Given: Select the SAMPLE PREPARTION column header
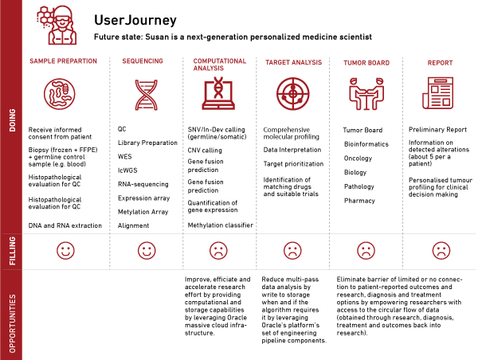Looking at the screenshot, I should click(x=63, y=61).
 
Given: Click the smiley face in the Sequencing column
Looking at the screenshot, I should click(x=146, y=250).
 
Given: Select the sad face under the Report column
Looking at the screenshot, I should click(x=439, y=250).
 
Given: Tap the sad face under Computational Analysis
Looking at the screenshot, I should click(x=217, y=250).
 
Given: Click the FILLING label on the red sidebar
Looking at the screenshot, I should click(x=11, y=250).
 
